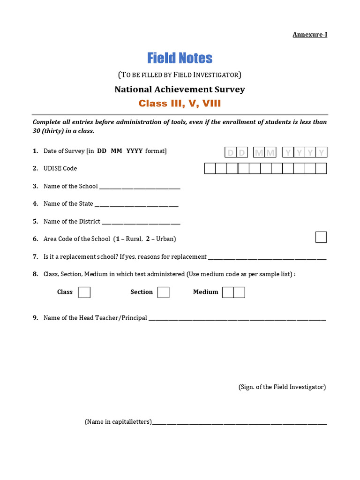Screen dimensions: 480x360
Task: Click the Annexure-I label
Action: tap(310, 35)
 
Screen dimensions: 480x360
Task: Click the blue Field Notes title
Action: tap(180, 58)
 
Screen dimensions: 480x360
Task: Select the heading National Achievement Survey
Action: tap(180, 90)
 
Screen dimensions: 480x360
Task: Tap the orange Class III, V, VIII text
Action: tap(180, 104)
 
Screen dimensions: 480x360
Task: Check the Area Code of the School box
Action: tap(321, 237)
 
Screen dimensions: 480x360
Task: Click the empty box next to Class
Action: tap(84, 292)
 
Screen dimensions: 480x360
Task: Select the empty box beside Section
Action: tap(163, 292)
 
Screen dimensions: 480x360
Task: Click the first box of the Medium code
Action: tap(228, 292)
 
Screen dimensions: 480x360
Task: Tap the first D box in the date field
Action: tap(230, 152)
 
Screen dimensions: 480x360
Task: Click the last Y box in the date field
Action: tap(322, 152)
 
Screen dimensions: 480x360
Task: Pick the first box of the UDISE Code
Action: tap(210, 168)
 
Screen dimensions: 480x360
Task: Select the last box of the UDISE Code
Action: tap(321, 168)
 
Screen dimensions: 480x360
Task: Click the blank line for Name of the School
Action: tap(140, 187)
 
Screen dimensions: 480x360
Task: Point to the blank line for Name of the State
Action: tap(136, 205)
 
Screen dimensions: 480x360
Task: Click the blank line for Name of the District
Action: tap(141, 223)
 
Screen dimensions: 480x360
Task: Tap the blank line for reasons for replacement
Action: tap(267, 258)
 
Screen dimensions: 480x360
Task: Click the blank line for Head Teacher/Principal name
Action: tap(237, 319)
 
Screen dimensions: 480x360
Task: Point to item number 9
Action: tap(35, 318)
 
